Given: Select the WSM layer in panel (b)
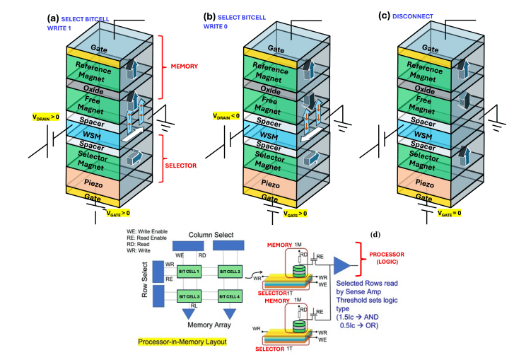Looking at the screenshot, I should (x=266, y=135).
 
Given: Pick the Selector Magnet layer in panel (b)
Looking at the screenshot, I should (x=266, y=158).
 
